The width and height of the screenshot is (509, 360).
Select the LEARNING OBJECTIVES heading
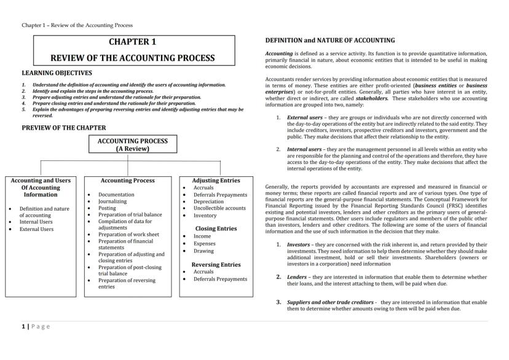pyautogui.click(x=57, y=72)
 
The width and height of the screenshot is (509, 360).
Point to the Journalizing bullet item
pyautogui.click(x=112, y=201)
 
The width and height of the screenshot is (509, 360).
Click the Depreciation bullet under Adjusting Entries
pyautogui.click(x=208, y=201)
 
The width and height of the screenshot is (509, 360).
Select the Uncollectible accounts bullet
pyautogui.click(x=219, y=208)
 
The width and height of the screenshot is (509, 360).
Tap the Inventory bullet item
pyautogui.click(x=205, y=216)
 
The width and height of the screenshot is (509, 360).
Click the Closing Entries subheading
pyautogui.click(x=216, y=228)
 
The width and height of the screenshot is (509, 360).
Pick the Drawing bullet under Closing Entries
pyautogui.click(x=204, y=251)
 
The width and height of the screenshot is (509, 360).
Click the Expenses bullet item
pyautogui.click(x=205, y=243)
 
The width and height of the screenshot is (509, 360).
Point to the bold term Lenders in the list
pyautogui.click(x=297, y=277)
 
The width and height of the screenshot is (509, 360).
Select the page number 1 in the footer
pyautogui.click(x=23, y=327)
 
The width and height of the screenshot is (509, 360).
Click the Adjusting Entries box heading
pyautogui.click(x=216, y=181)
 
